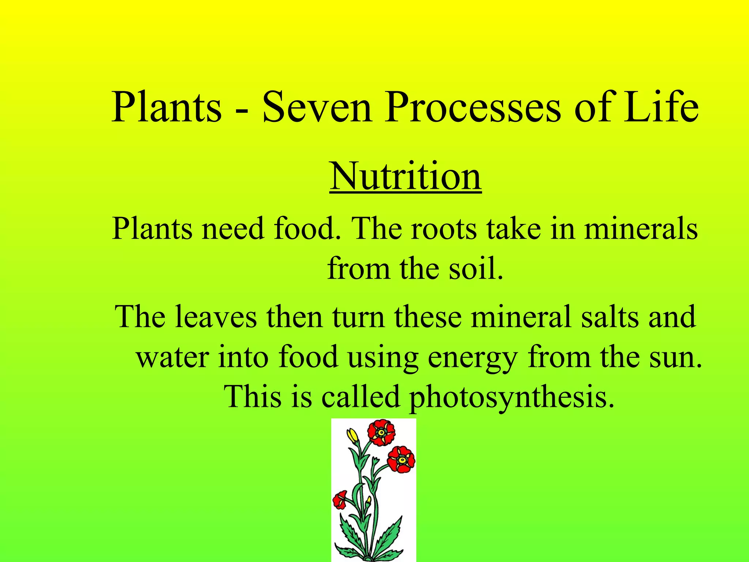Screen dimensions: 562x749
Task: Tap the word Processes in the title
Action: [x=472, y=107]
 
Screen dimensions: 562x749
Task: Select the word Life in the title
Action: [x=661, y=107]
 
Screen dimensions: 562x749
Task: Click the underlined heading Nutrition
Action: [x=405, y=176]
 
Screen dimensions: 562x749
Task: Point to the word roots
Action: [x=444, y=229]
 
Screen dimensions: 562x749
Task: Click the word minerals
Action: [x=641, y=229]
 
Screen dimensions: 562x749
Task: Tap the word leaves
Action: [x=216, y=316]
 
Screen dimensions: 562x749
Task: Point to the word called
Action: [x=360, y=397]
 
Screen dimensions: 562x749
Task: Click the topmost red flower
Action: [x=381, y=432]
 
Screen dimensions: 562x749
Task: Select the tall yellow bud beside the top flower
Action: [x=353, y=436]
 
